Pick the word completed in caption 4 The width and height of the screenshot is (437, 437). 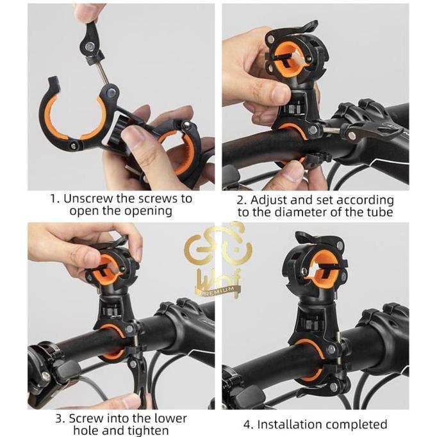click(356, 424)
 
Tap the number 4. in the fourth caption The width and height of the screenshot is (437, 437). click(249, 424)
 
